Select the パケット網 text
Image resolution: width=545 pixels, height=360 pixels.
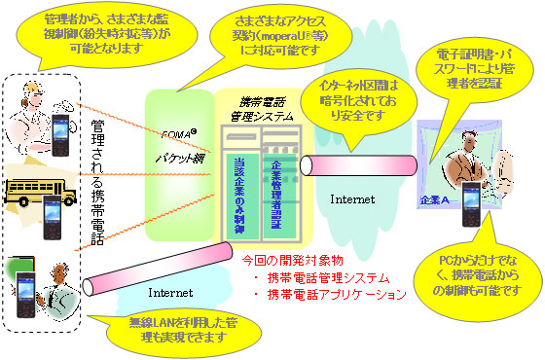[x=180, y=154]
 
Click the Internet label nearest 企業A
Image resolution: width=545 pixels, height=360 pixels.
[x=350, y=200]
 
